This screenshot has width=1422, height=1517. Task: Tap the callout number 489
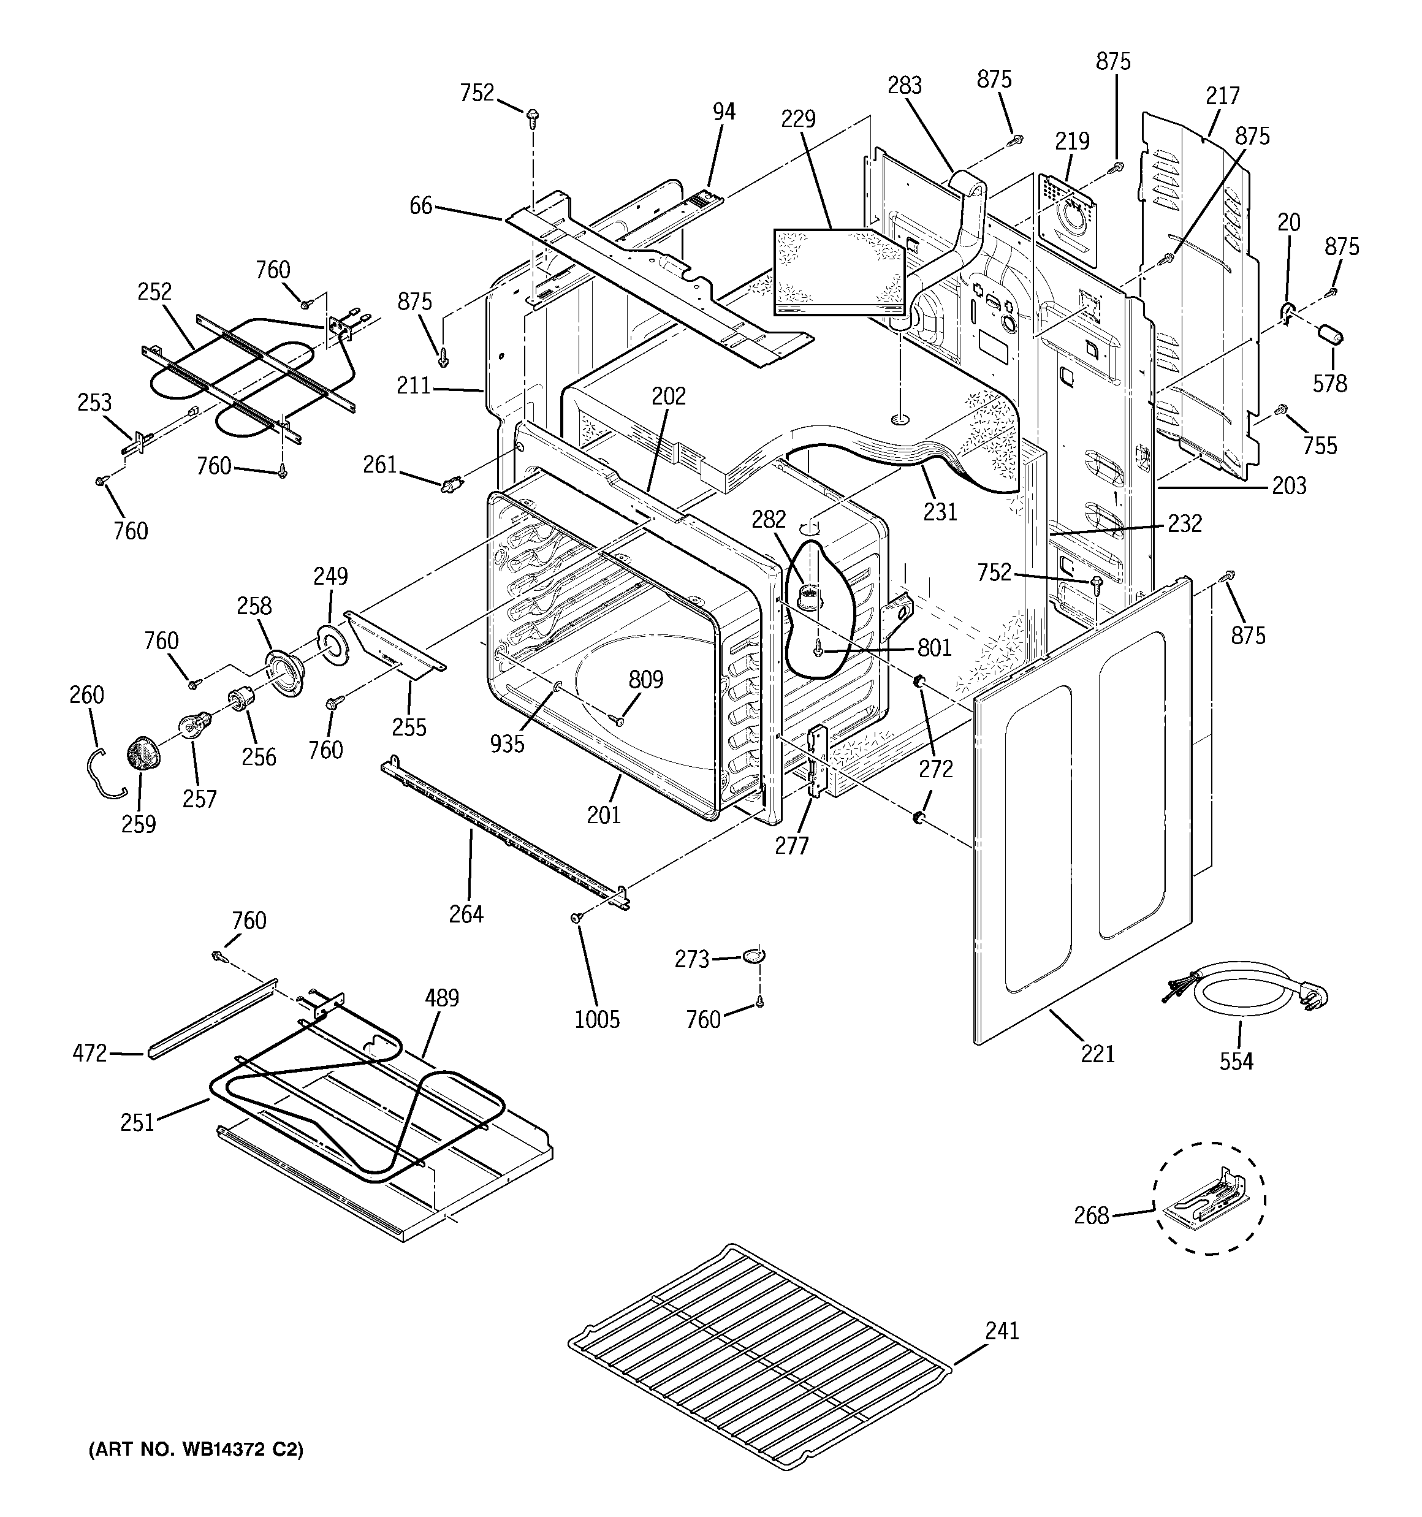(442, 997)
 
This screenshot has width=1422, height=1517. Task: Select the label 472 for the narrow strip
(89, 1053)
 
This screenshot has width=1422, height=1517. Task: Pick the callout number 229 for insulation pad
(799, 118)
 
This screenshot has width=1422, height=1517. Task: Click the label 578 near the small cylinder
(1329, 383)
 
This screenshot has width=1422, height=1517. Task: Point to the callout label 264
(466, 913)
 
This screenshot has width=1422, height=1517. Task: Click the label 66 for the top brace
(420, 205)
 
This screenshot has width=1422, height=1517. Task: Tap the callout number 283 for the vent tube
(905, 85)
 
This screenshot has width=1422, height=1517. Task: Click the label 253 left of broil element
(94, 402)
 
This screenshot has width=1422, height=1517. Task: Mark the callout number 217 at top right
(1222, 96)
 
